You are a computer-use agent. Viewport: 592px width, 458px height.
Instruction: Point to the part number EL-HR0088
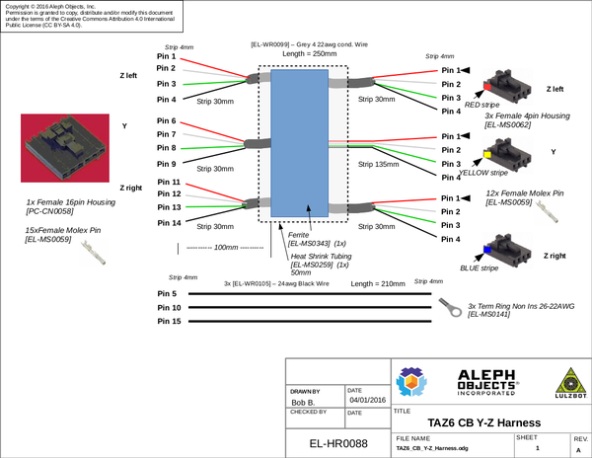click(338, 444)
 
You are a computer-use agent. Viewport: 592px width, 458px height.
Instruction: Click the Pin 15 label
click(169, 322)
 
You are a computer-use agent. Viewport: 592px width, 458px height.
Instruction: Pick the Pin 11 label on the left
click(168, 182)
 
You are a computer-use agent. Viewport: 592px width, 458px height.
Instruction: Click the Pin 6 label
click(167, 120)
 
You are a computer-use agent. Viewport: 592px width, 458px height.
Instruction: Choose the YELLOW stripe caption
click(482, 173)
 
